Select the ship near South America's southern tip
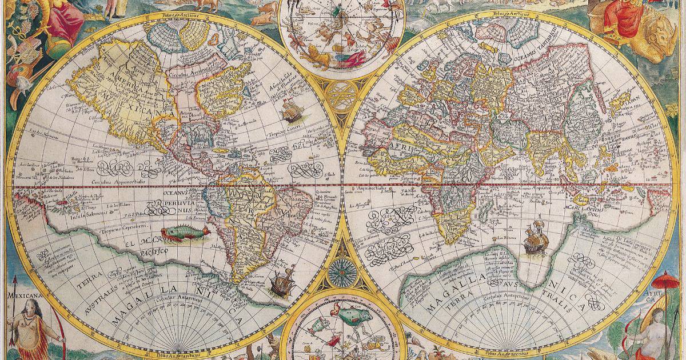pyautogui.click(x=281, y=282)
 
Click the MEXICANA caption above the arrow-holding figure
pyautogui.click(x=23, y=295)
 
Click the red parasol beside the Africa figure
pyautogui.click(x=662, y=281)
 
